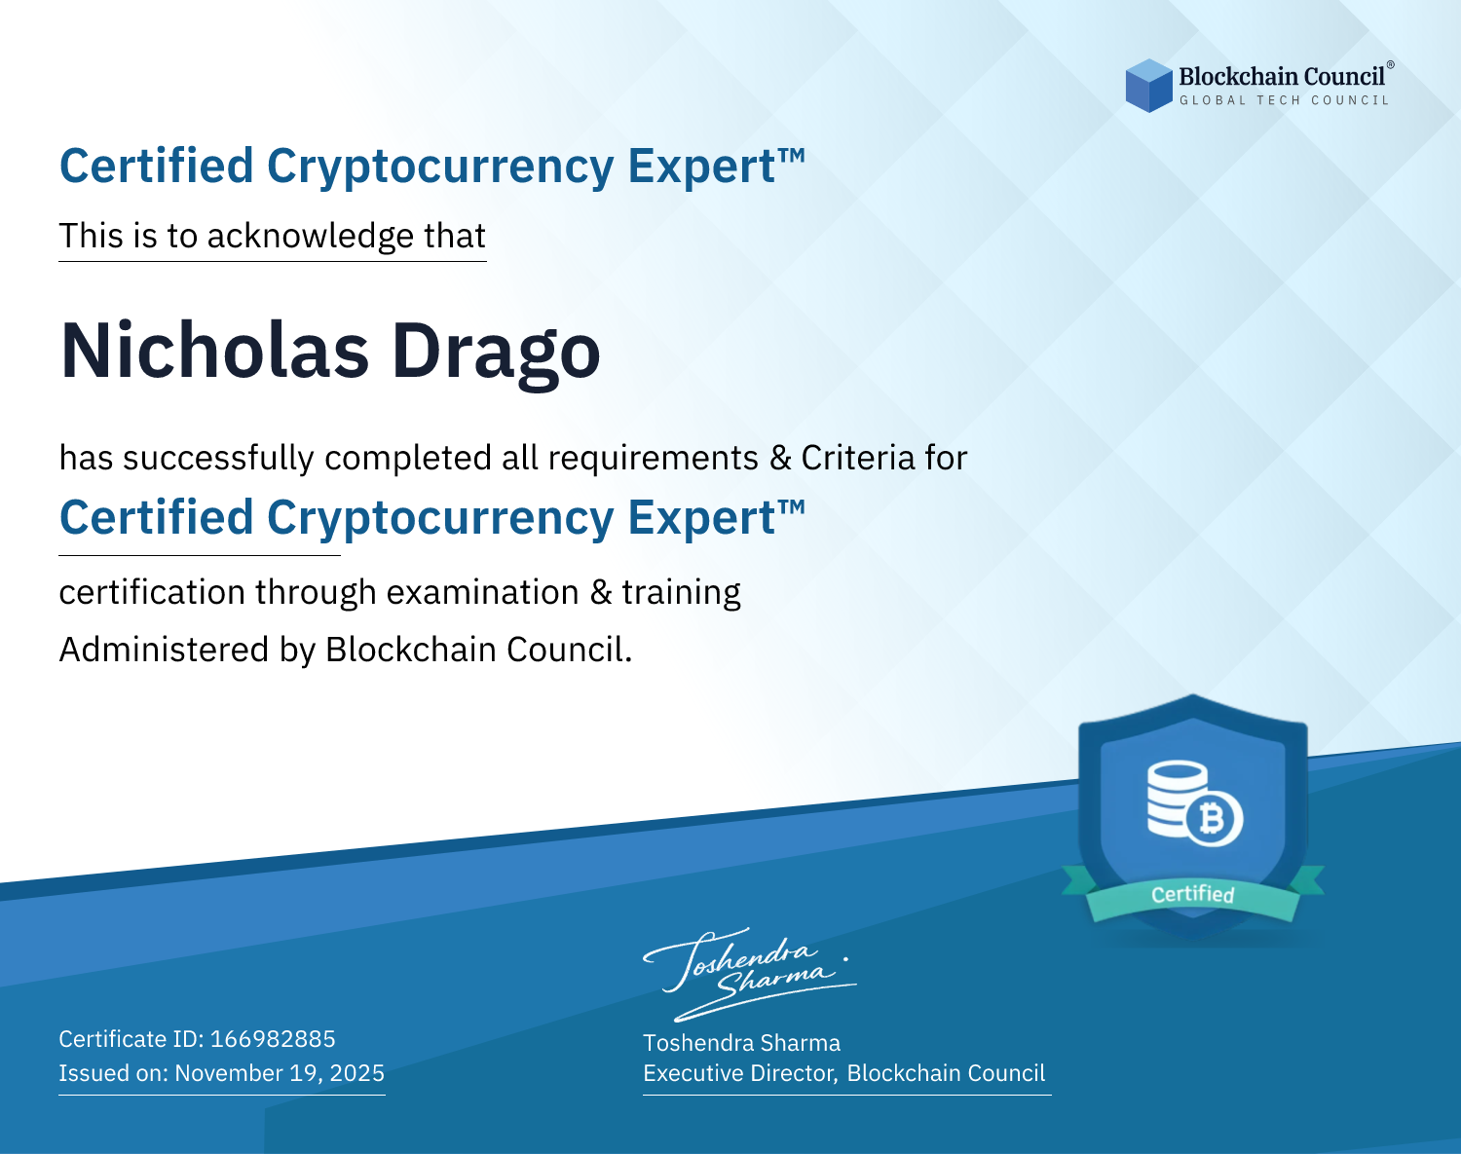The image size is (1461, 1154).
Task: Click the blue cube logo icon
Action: tap(1148, 86)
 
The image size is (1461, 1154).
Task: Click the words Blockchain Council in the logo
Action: tap(1282, 77)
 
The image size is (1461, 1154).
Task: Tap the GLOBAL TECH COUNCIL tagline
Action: tap(1285, 100)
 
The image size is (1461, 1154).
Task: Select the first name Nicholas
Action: tap(214, 351)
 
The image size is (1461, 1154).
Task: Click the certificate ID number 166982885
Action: tap(273, 1038)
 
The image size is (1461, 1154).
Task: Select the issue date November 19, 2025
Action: tap(280, 1073)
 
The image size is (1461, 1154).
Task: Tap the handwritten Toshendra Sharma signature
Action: tap(750, 975)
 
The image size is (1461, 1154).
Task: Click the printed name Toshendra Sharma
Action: tap(742, 1043)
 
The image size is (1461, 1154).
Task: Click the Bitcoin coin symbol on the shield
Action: tap(1214, 819)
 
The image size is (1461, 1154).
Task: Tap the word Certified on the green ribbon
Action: tap(1193, 895)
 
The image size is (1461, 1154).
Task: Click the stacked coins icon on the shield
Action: tap(1177, 798)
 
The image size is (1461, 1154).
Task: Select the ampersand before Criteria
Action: tap(780, 459)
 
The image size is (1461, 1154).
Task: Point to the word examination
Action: tap(483, 592)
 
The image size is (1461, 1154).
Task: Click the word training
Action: tap(682, 593)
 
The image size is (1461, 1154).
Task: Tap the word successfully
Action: tap(218, 459)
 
